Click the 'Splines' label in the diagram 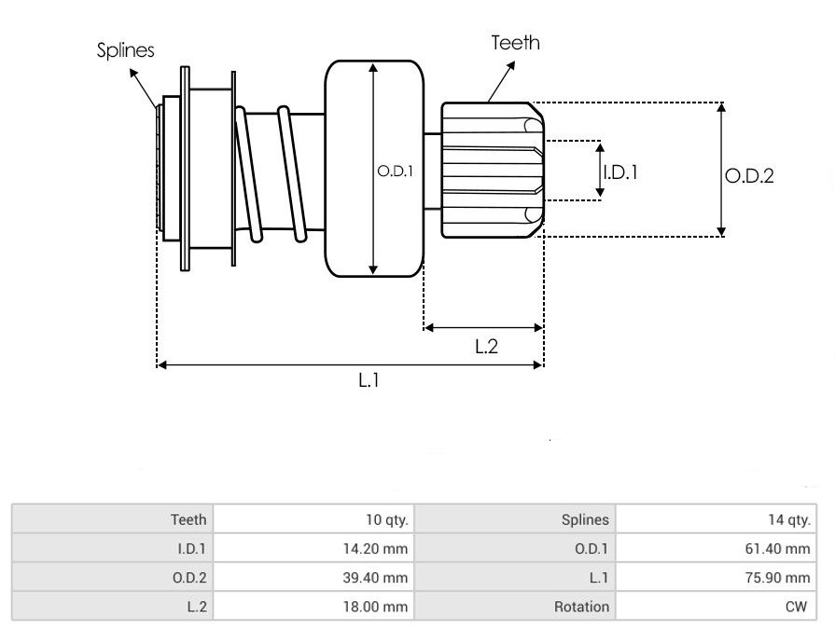(126, 50)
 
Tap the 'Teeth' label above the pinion (515, 43)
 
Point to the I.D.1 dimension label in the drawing (621, 171)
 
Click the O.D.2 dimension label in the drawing (750, 175)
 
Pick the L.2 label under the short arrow (486, 347)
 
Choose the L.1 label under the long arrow (369, 380)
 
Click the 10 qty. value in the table (385, 519)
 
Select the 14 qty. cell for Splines (787, 519)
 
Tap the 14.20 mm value (377, 549)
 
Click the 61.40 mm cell (779, 549)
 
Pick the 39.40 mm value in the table (377, 578)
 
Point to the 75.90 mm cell (779, 578)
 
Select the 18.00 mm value (377, 607)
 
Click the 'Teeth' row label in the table (188, 519)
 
